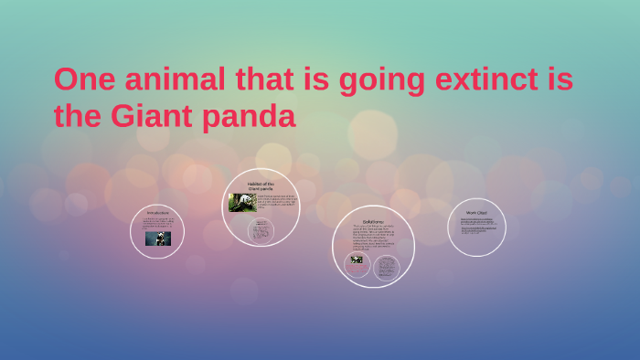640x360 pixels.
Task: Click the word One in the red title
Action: pos(83,80)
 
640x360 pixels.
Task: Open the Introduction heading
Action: pos(157,213)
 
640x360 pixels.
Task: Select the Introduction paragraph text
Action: pos(157,223)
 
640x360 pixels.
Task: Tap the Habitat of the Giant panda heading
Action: pos(261,185)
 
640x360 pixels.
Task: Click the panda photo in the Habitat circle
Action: pos(241,202)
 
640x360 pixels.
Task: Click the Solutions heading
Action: pos(373,221)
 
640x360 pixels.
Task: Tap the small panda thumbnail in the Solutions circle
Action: pos(357,259)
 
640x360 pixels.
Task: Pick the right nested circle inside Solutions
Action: pos(387,266)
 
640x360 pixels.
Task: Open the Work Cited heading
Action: pos(476,213)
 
